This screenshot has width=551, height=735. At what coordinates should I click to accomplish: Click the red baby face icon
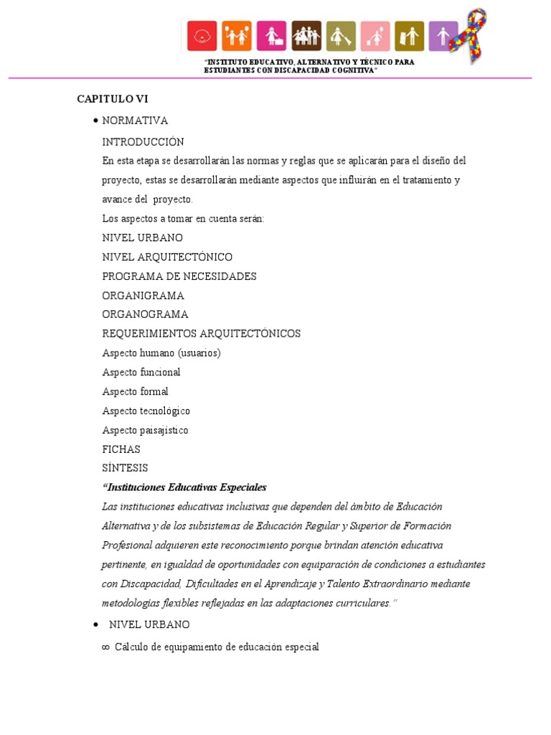(x=202, y=36)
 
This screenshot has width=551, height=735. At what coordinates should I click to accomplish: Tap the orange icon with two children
(x=237, y=36)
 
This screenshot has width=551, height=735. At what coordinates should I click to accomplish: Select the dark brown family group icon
(x=306, y=36)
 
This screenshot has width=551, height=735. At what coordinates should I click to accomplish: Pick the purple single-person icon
(x=443, y=36)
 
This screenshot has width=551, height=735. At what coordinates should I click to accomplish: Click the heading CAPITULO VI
(x=113, y=99)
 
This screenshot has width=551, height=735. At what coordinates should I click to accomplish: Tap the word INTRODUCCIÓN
(x=143, y=141)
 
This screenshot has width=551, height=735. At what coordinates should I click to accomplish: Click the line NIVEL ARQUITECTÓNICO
(x=167, y=257)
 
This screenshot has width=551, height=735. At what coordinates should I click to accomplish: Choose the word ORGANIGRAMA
(x=143, y=296)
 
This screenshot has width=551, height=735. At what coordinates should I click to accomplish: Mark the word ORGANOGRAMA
(x=145, y=314)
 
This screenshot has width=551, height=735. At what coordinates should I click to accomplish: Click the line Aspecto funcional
(x=141, y=373)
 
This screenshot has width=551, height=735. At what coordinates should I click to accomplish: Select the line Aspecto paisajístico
(x=145, y=430)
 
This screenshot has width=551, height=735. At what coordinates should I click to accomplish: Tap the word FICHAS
(x=121, y=449)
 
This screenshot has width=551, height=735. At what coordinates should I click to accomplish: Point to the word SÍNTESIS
(x=125, y=468)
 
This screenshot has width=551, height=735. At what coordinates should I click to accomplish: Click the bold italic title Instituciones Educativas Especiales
(x=184, y=487)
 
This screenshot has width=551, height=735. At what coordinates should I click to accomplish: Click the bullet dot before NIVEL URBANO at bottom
(x=95, y=625)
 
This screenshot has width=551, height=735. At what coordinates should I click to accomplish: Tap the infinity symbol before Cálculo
(x=105, y=647)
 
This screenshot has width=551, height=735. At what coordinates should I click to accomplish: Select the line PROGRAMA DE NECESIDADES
(x=179, y=276)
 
